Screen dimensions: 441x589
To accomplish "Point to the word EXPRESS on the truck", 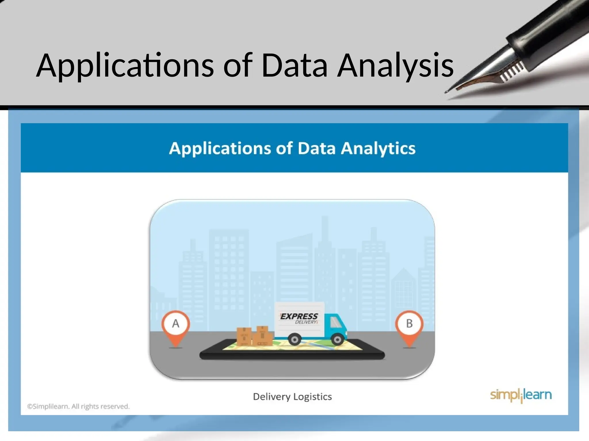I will pyautogui.click(x=299, y=316).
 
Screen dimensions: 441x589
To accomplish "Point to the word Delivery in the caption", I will pyautogui.click(x=271, y=397).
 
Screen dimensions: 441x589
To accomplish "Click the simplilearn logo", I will pyautogui.click(x=521, y=395).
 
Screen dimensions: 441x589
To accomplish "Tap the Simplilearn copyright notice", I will pyautogui.click(x=78, y=407).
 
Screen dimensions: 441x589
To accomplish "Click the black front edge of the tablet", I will pyautogui.click(x=292, y=356).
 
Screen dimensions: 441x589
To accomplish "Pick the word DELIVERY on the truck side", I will pyautogui.click(x=306, y=322).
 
